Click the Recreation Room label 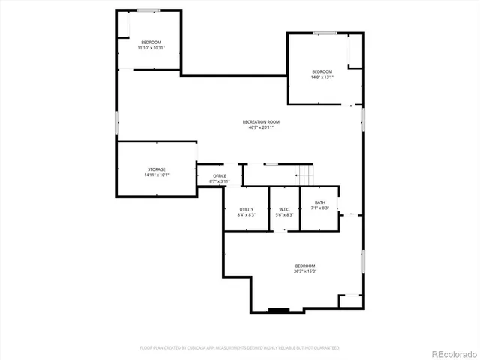point(261,121)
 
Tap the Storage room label point(156,169)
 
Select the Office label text point(220,176)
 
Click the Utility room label point(246,209)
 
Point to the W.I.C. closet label point(285,209)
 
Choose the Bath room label point(320,202)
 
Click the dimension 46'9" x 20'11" point(261,127)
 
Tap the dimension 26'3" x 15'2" point(305,271)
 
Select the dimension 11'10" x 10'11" point(151,48)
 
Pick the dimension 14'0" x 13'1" point(322,76)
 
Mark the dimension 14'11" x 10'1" point(156,175)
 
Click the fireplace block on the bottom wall point(279,310)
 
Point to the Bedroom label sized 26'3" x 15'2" point(305,265)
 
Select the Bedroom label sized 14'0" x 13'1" point(322,70)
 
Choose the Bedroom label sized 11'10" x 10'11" point(151,42)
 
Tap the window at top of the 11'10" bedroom point(148,10)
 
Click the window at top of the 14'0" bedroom point(325,33)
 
